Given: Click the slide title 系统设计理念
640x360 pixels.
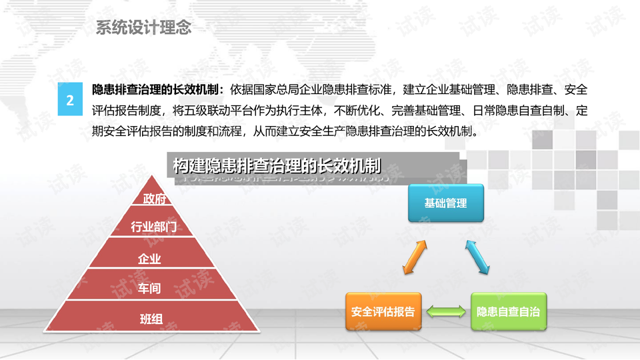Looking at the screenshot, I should pyautogui.click(x=143, y=27).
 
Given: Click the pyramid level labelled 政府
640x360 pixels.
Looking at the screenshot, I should pyautogui.click(x=153, y=199).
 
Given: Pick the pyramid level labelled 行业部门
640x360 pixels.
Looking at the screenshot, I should pyautogui.click(x=153, y=227).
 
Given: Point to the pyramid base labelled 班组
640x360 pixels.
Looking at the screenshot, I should pyautogui.click(x=151, y=319).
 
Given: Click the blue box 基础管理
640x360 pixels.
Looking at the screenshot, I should pyautogui.click(x=446, y=203).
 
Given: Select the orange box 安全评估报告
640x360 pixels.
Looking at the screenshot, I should pyautogui.click(x=383, y=311).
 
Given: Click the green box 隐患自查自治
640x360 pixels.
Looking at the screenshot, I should pyautogui.click(x=508, y=311).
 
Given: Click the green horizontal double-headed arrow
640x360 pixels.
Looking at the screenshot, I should pyautogui.click(x=447, y=311).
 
